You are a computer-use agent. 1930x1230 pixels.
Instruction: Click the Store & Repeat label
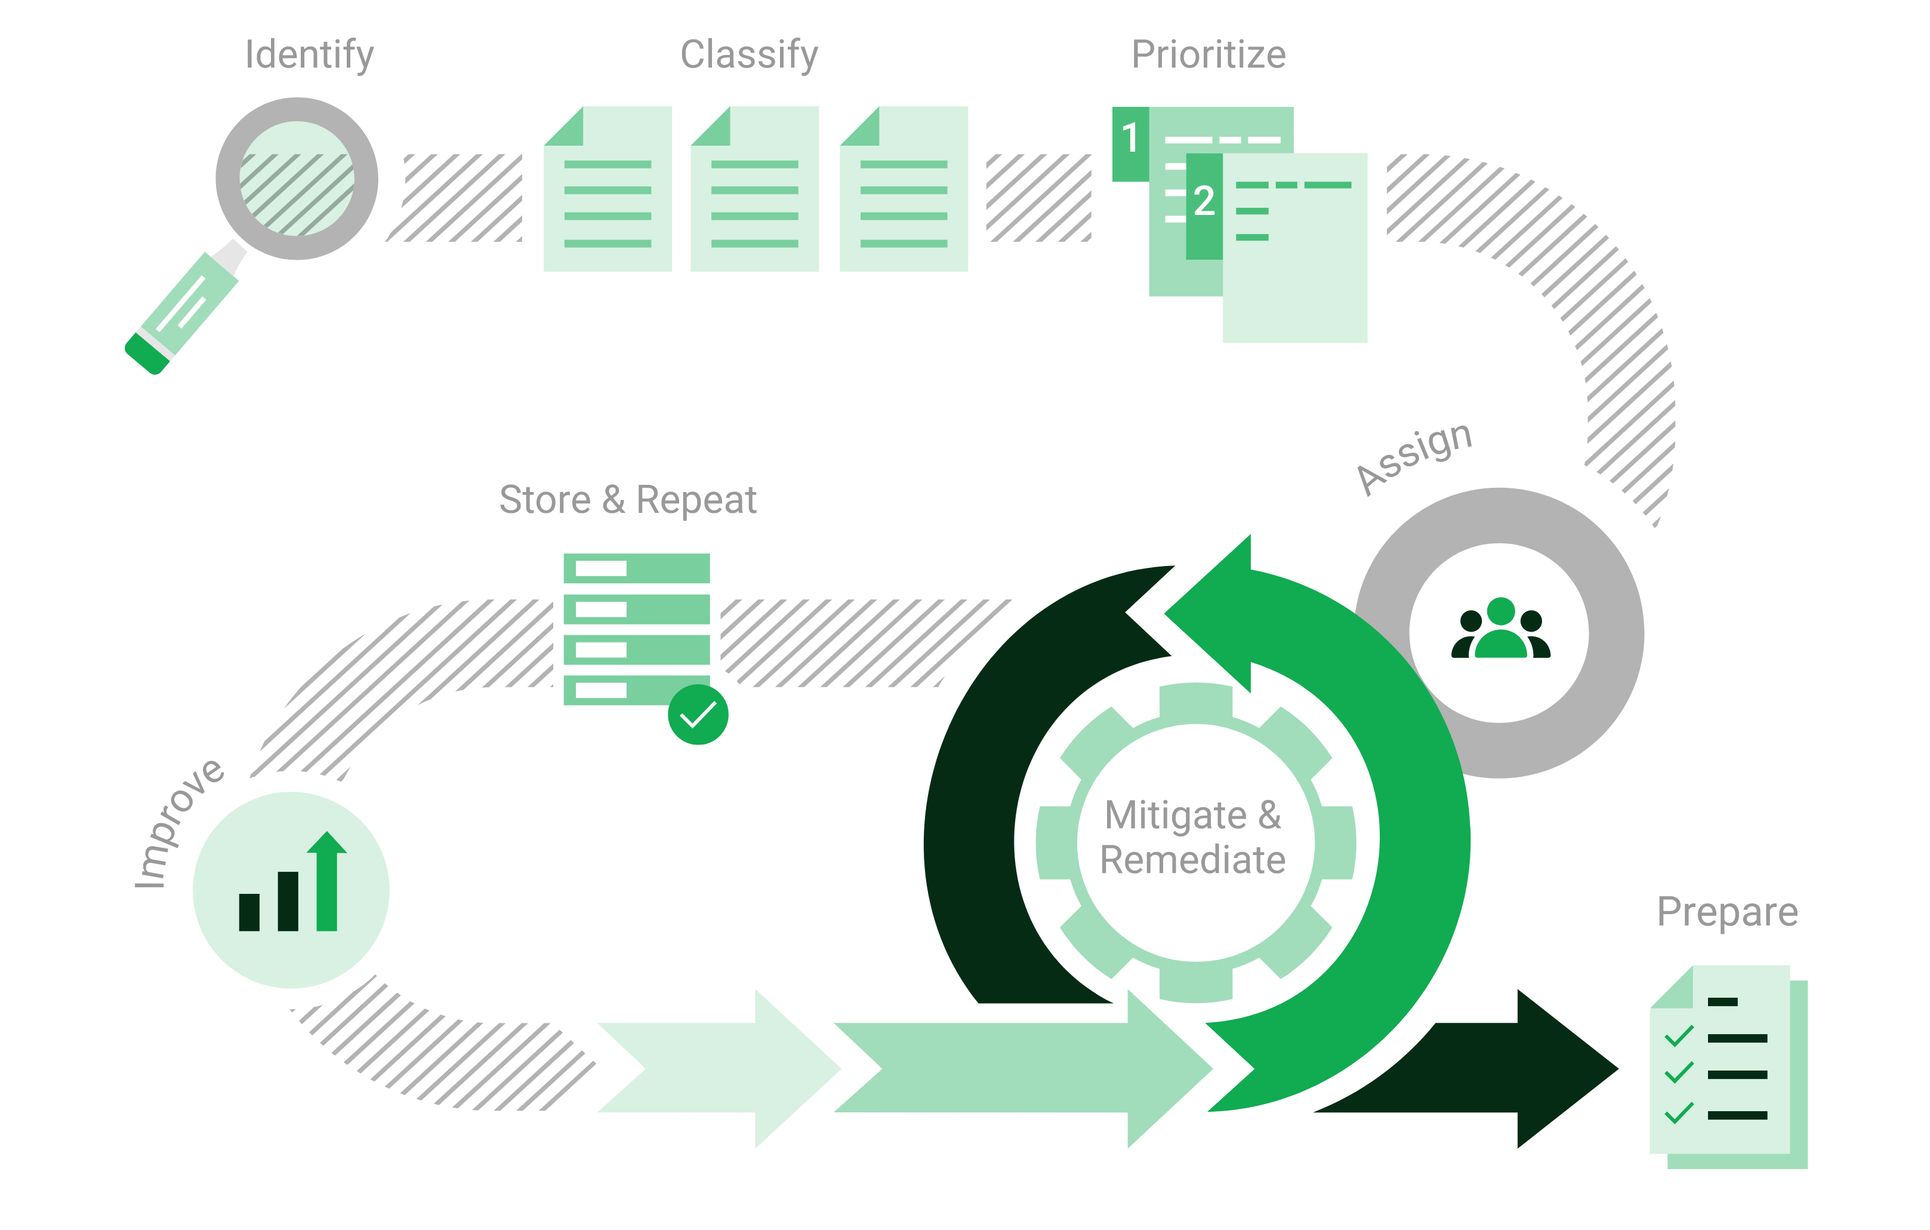[x=628, y=500]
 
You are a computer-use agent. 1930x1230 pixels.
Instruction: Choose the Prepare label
[x=1727, y=912]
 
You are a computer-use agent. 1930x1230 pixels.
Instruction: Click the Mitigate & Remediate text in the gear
[x=1194, y=837]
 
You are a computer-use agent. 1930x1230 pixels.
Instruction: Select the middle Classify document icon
[x=754, y=189]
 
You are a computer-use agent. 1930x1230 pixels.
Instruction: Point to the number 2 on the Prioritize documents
[x=1203, y=201]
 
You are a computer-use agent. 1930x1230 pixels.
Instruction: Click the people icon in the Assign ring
[x=1500, y=629]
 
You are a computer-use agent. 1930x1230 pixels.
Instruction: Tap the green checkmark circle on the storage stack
[x=697, y=715]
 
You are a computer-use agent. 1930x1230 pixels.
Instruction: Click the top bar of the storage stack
[x=636, y=568]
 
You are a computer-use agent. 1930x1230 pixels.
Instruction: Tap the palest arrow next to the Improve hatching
[x=722, y=1068]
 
